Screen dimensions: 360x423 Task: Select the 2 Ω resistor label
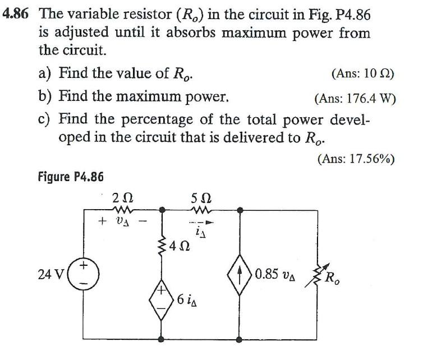pos(122,197)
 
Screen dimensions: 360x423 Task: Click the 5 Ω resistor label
pos(201,197)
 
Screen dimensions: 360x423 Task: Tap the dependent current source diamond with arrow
pos(240,275)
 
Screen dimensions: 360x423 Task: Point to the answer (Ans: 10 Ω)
pos(362,73)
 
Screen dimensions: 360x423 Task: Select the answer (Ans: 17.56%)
pos(356,159)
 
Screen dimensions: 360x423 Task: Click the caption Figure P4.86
pos(71,177)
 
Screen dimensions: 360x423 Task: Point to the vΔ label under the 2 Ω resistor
pos(122,221)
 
